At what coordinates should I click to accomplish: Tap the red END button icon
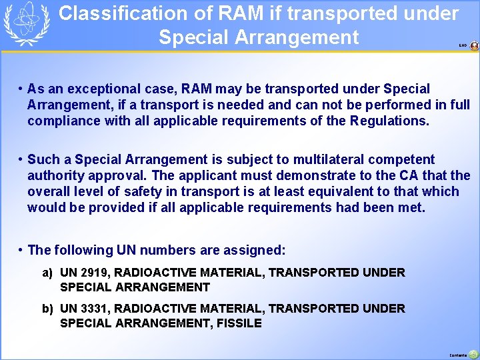click(x=474, y=46)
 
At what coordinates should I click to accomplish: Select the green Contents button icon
click(x=473, y=354)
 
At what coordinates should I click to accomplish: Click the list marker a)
click(x=47, y=273)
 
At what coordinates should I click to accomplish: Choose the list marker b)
click(x=47, y=309)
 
